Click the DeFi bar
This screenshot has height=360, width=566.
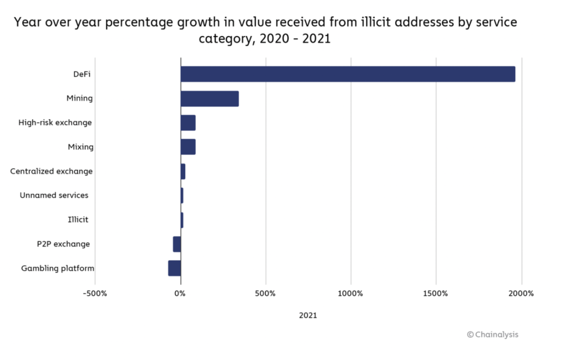point(348,74)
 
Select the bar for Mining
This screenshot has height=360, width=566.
point(209,98)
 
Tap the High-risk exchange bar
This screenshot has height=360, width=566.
point(188,123)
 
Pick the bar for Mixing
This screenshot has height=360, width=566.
point(188,147)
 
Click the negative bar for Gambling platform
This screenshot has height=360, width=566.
point(175,268)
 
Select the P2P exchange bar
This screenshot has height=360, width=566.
point(177,244)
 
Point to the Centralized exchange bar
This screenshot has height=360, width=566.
point(183,171)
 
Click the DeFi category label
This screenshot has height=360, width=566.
point(82,74)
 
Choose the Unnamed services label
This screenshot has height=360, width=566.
point(54,195)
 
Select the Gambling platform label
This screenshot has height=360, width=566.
point(57,268)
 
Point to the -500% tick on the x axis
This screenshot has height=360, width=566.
point(95,293)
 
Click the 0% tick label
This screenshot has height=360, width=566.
point(180,293)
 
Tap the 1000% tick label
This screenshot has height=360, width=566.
point(350,293)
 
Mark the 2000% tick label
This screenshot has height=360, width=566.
point(521,293)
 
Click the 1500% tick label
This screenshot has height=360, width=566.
point(436,293)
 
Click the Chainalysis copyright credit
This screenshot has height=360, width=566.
point(492,334)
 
